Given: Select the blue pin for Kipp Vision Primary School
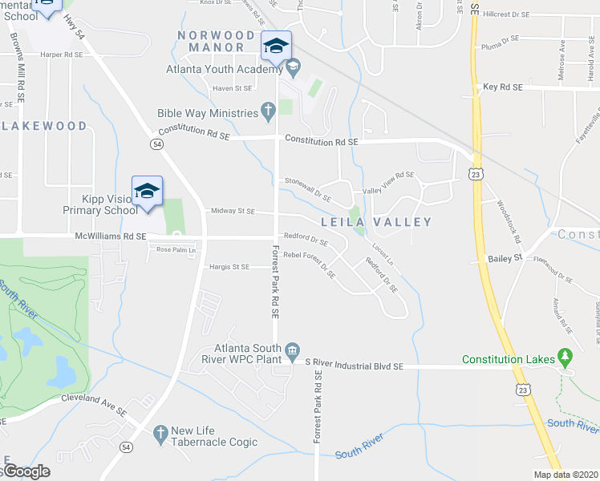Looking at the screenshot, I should pyautogui.click(x=147, y=191).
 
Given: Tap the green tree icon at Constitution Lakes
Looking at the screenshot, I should pyautogui.click(x=566, y=355).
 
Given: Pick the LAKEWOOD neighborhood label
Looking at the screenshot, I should pyautogui.click(x=44, y=126).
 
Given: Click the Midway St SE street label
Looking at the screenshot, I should pyautogui.click(x=232, y=211).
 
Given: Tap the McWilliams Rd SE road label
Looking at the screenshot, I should pyautogui.click(x=111, y=236).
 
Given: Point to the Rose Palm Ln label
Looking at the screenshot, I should pyautogui.click(x=175, y=249).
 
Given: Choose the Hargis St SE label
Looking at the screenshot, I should pyautogui.click(x=229, y=266).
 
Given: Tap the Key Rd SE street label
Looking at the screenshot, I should pyautogui.click(x=503, y=87).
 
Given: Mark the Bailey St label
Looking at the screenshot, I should pyautogui.click(x=505, y=259).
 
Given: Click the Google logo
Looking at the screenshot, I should pyautogui.click(x=26, y=471).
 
